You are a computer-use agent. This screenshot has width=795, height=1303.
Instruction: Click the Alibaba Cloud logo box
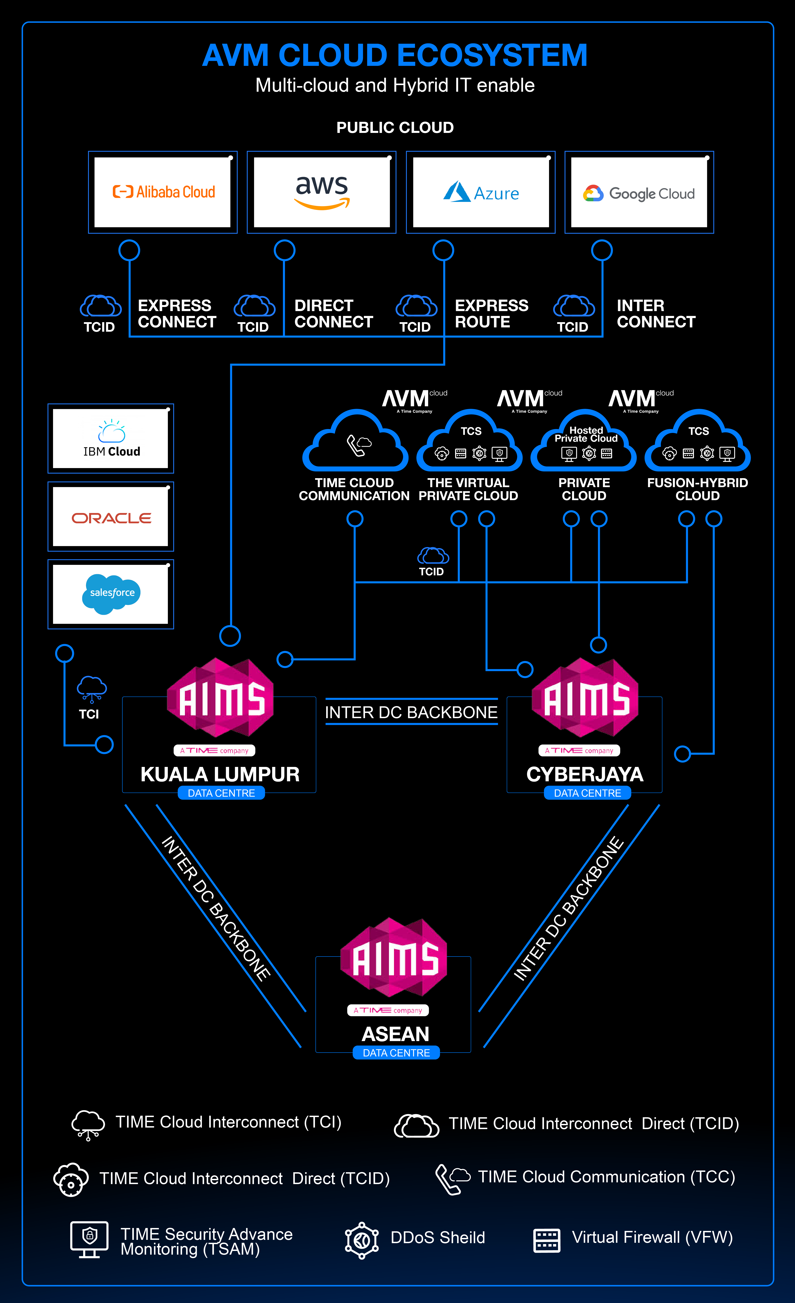163,192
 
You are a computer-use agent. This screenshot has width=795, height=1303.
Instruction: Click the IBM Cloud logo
111,438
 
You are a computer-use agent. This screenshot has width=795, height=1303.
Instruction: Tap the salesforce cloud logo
111,594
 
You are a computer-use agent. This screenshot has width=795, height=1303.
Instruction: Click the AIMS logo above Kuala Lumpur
221,698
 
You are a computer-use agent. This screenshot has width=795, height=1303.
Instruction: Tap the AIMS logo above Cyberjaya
585,698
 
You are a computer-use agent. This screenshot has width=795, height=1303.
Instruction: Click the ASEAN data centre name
395,1034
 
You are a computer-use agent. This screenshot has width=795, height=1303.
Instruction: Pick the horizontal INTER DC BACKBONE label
411,712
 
